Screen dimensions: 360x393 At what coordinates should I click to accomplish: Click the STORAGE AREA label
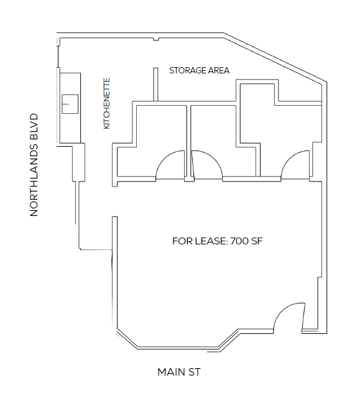pos(199,70)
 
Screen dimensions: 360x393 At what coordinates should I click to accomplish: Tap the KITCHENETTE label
pos(107,103)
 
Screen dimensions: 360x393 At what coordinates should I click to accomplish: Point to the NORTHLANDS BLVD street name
pos(34,165)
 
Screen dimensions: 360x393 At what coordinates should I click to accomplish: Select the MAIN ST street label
pos(179,372)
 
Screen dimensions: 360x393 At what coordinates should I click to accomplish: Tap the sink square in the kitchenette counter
pos(70,104)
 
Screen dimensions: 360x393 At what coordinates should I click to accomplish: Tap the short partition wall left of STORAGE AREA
pos(155,85)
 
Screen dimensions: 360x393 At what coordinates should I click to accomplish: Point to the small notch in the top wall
pos(156,39)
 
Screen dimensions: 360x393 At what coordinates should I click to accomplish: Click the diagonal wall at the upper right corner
pos(275,58)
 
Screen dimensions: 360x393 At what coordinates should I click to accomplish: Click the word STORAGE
pos(185,70)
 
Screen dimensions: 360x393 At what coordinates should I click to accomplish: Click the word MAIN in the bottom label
pos(171,372)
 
